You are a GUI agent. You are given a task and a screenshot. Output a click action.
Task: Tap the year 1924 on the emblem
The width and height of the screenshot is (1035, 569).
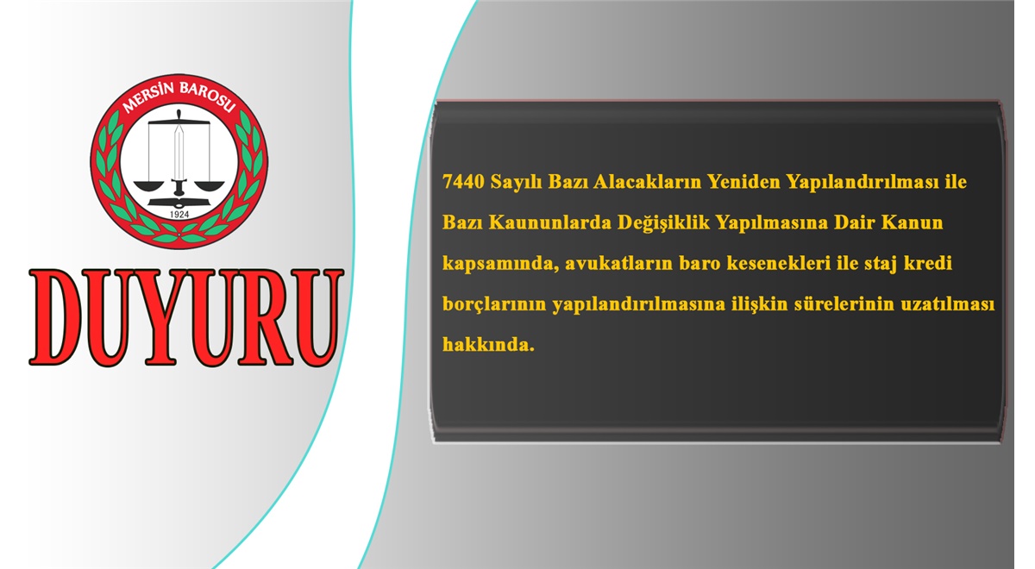(179, 215)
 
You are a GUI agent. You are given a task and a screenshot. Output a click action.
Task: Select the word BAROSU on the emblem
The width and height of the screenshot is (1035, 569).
(208, 96)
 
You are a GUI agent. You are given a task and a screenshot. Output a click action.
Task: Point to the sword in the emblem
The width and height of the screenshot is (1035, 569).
(179, 153)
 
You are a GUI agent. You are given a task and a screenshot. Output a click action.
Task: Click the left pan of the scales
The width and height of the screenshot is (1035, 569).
(148, 185)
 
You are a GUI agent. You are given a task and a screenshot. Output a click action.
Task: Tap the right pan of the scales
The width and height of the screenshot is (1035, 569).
(209, 185)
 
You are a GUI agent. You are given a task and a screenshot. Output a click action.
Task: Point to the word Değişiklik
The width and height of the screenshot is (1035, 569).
(663, 223)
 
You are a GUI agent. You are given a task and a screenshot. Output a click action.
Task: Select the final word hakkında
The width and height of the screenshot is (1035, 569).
(488, 345)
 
